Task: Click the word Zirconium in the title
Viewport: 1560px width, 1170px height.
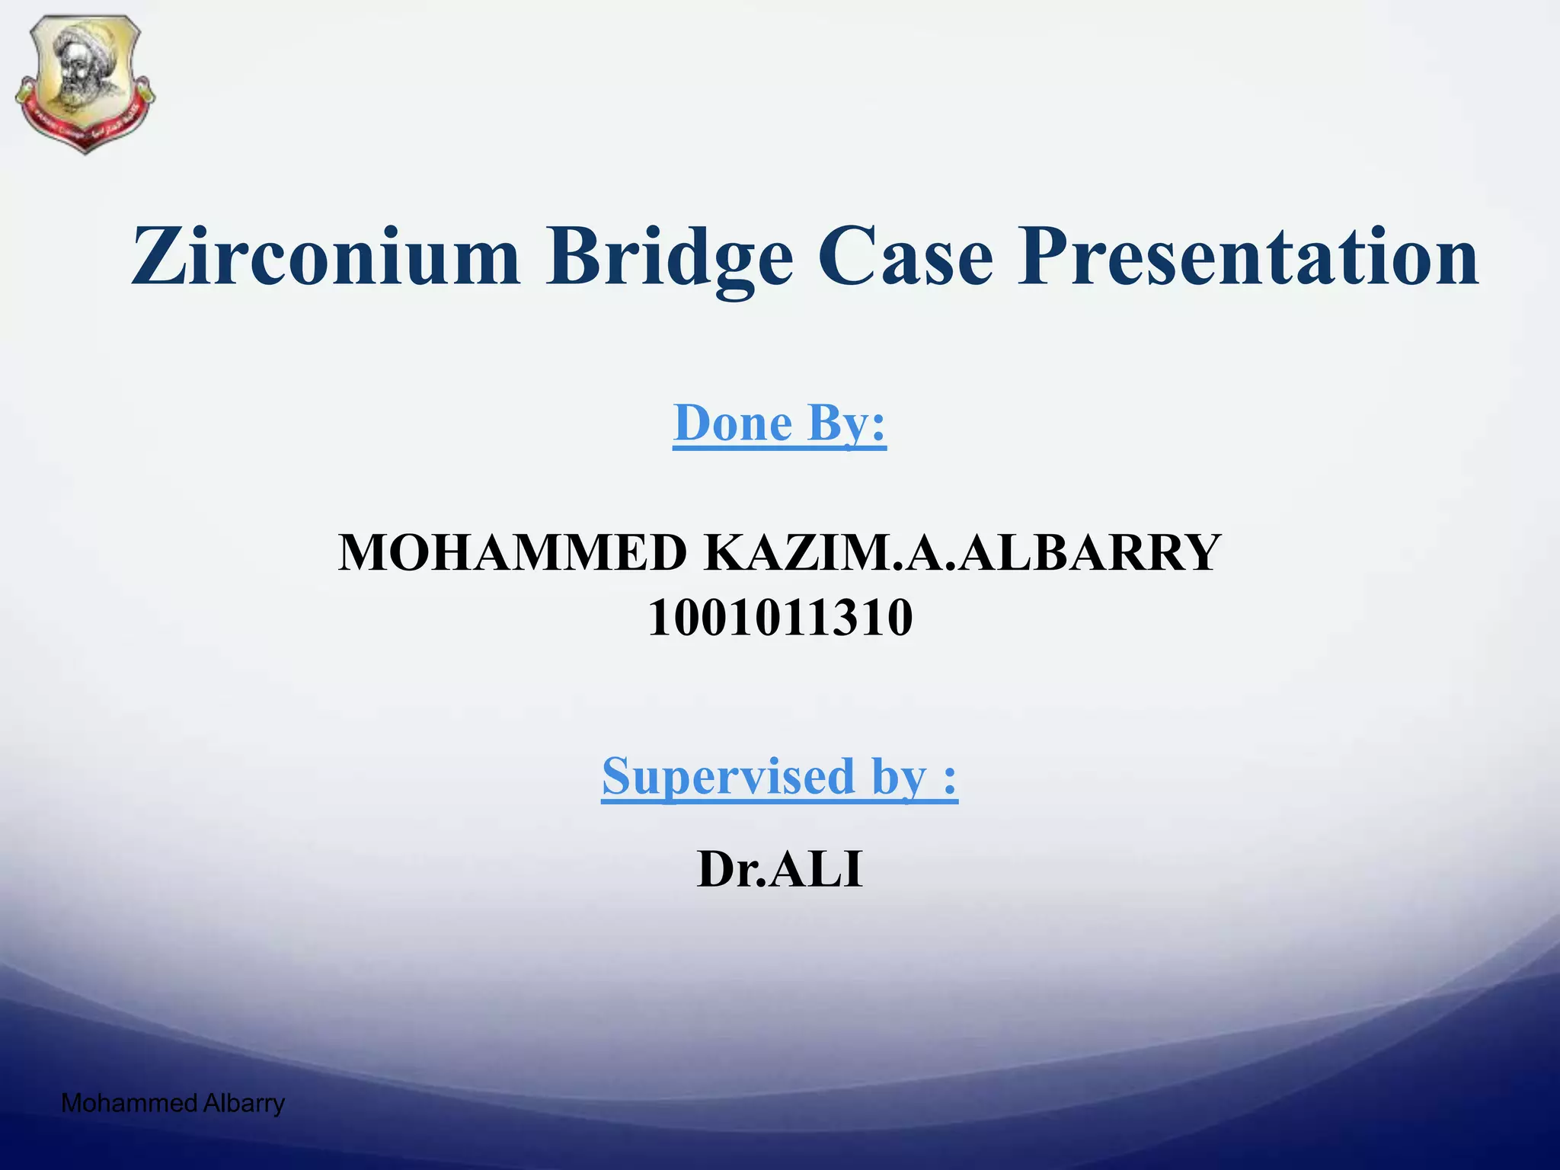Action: point(326,257)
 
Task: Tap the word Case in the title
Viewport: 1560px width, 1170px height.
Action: point(906,257)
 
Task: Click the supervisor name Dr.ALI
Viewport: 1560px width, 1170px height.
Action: point(780,869)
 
